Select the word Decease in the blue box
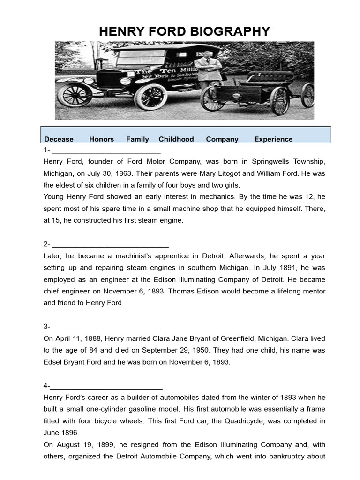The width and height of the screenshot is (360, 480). (59, 139)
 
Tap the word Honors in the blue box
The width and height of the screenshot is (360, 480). (101, 139)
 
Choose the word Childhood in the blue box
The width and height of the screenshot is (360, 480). (176, 139)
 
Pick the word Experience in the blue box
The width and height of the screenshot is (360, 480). (273, 139)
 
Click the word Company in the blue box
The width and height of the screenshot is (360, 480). (222, 139)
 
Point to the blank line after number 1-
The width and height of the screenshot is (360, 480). (106, 152)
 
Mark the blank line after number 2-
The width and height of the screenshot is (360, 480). (110, 245)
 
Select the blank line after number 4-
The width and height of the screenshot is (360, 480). (106, 387)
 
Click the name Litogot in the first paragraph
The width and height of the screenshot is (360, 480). (228, 173)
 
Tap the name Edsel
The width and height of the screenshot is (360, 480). (53, 362)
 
